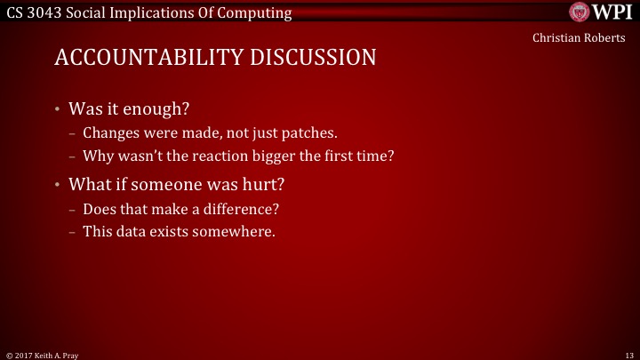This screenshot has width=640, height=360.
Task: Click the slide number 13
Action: [x=629, y=354]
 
